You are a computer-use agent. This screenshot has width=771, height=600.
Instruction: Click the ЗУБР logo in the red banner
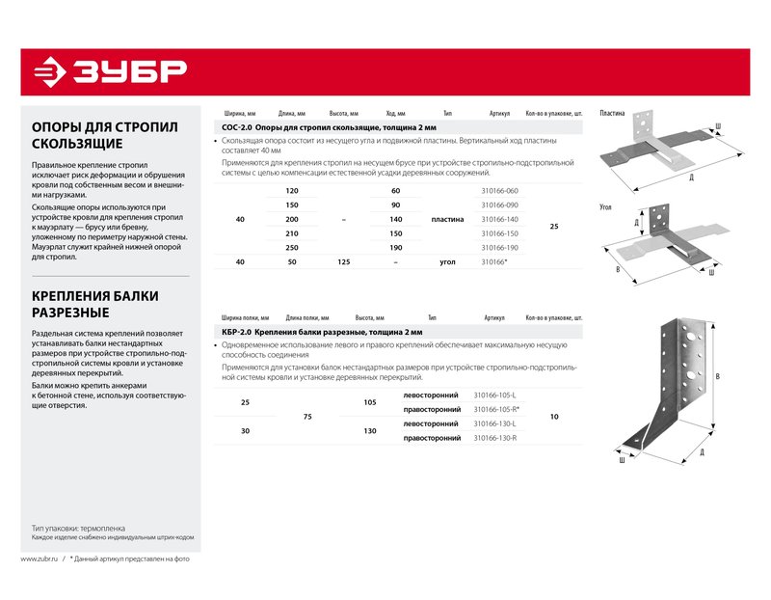(109, 71)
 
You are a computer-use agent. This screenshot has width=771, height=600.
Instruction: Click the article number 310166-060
(499, 191)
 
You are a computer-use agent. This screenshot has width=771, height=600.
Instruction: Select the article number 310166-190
(499, 248)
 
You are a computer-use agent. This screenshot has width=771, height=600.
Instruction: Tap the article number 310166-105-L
(495, 395)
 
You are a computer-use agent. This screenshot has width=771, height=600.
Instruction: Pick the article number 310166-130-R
(495, 438)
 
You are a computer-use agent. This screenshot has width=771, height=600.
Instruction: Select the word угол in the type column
(447, 261)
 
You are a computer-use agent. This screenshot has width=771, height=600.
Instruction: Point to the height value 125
(343, 261)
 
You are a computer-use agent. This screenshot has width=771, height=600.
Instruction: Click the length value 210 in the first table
(292, 233)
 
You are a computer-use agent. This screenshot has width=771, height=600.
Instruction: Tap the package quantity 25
(553, 227)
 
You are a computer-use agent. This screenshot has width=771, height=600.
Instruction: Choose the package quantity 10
(553, 417)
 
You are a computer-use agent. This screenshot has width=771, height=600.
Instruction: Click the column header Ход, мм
(395, 113)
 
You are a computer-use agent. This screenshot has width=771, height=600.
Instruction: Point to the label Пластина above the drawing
(612, 113)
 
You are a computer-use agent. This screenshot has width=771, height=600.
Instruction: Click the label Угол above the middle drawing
(606, 206)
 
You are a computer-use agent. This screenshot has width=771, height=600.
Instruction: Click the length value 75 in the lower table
(307, 417)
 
